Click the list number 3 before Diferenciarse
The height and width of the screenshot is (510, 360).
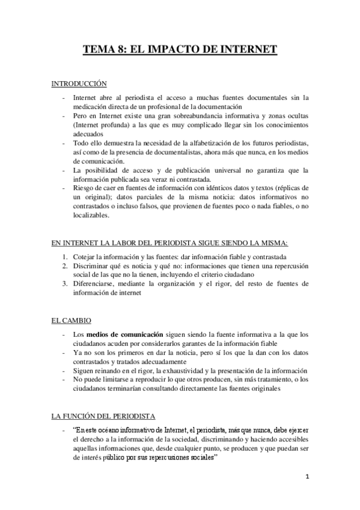(65, 285)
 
